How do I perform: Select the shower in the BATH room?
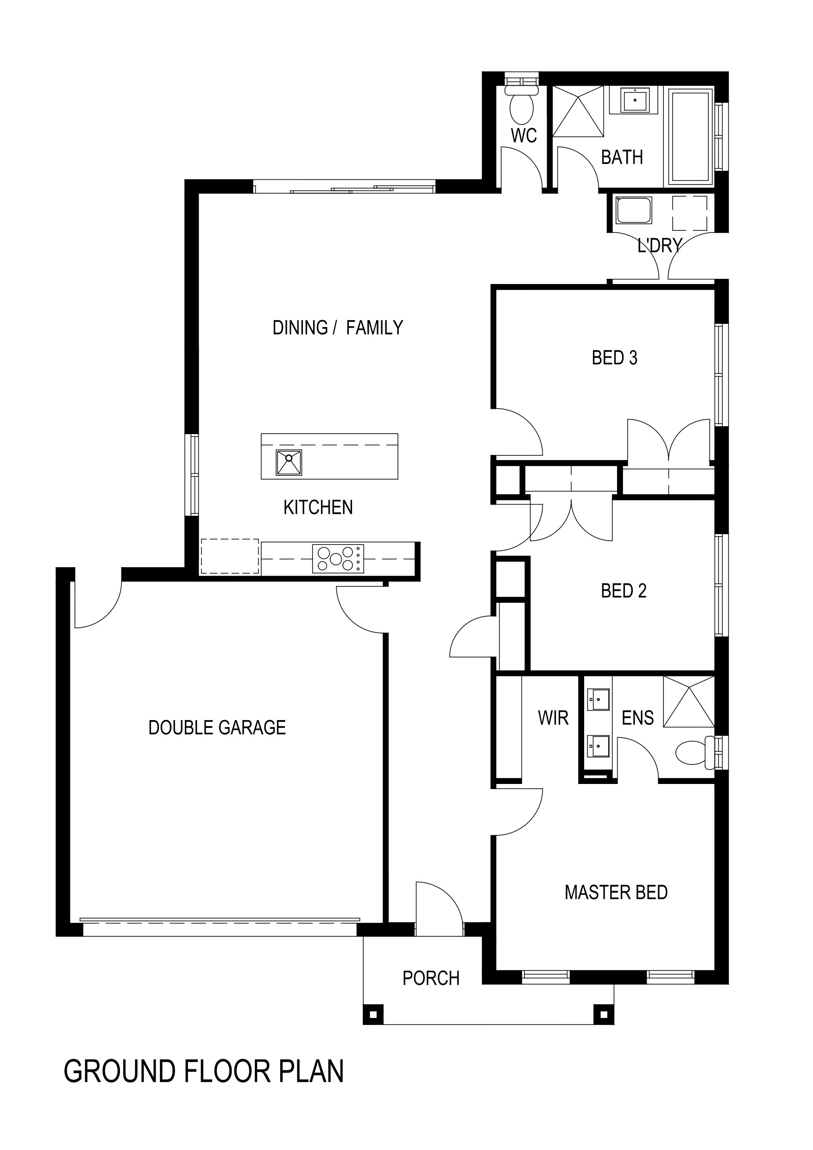tap(578, 111)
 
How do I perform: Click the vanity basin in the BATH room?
tap(635, 100)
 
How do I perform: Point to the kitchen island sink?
tap(289, 462)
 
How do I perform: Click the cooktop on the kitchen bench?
tap(338, 558)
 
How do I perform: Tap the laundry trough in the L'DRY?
tap(633, 210)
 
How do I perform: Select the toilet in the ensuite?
tap(695, 752)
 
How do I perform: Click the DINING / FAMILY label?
tap(337, 328)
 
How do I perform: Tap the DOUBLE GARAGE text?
tap(217, 727)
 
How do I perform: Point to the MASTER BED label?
tap(616, 892)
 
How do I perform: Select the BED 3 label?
tap(614, 358)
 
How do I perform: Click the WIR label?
tap(553, 718)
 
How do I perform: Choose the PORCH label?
tap(431, 978)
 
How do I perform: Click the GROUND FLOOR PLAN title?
tap(203, 1071)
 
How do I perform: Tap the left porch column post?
tap(373, 1015)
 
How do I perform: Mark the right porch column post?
tap(604, 1015)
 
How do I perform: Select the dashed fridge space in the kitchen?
tap(230, 556)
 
